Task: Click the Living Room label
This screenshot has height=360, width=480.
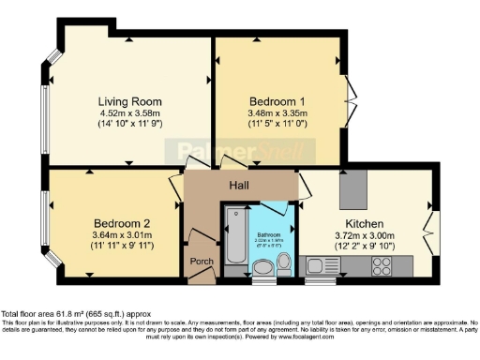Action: [x=129, y=101]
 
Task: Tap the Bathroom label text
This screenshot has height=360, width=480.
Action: [x=271, y=234]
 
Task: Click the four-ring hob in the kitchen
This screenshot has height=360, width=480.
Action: [x=382, y=266]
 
